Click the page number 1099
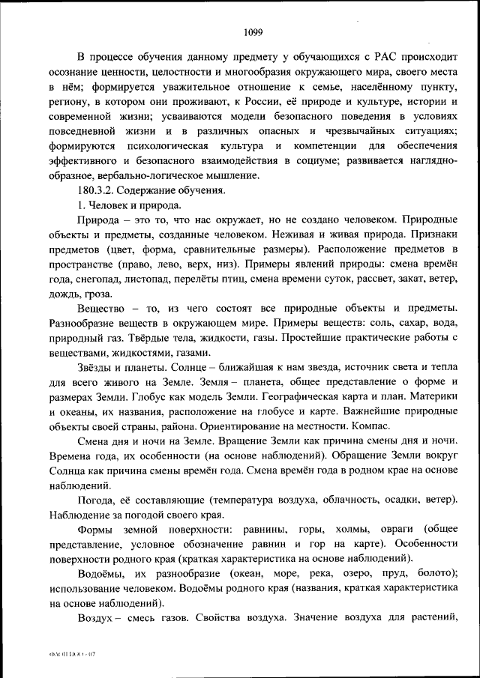coord(253,31)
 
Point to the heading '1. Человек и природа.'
coord(129,205)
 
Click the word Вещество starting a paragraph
coord(103,309)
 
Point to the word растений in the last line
coord(433,618)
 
